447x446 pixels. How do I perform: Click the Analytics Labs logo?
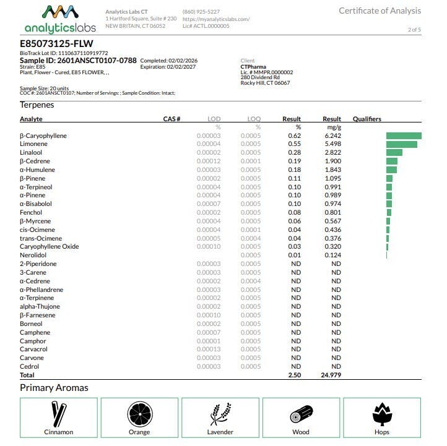click(x=60, y=19)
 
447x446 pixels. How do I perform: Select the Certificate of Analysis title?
click(x=380, y=11)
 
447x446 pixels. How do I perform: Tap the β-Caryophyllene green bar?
click(x=404, y=135)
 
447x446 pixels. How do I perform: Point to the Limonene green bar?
click(x=401, y=144)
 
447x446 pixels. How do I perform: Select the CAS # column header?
click(x=171, y=119)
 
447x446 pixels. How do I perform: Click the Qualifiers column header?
click(x=367, y=119)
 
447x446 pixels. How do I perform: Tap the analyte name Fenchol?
click(x=31, y=213)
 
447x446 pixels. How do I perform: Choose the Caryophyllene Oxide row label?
click(x=49, y=247)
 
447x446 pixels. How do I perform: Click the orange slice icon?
click(x=139, y=413)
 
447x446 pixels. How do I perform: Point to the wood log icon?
click(x=301, y=413)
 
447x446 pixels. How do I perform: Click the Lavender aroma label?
click(x=220, y=432)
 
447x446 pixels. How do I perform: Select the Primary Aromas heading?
click(x=54, y=388)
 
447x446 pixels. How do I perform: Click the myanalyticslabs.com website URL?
click(x=216, y=19)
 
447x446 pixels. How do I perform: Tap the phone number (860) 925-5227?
click(x=201, y=12)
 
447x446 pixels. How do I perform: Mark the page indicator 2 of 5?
click(x=414, y=29)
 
